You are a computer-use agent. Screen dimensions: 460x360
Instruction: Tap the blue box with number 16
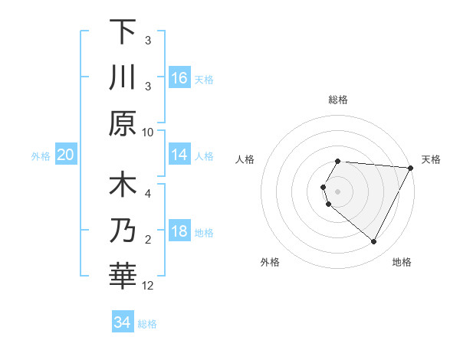click(179, 77)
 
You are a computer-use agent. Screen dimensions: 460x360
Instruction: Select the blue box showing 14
click(179, 155)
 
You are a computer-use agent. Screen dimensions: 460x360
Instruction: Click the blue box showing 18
click(179, 231)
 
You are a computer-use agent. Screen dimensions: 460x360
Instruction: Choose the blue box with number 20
click(66, 155)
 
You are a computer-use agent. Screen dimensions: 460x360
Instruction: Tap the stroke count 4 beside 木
click(148, 194)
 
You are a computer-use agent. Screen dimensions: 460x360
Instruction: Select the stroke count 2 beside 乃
click(148, 240)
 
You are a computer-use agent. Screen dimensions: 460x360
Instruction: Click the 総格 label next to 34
click(147, 324)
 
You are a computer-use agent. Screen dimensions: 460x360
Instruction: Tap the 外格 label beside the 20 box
click(41, 156)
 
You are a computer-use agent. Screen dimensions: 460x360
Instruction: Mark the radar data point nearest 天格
click(411, 168)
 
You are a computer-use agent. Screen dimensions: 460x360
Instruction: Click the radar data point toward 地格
click(374, 242)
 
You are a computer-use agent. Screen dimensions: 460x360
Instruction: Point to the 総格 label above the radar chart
click(338, 100)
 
